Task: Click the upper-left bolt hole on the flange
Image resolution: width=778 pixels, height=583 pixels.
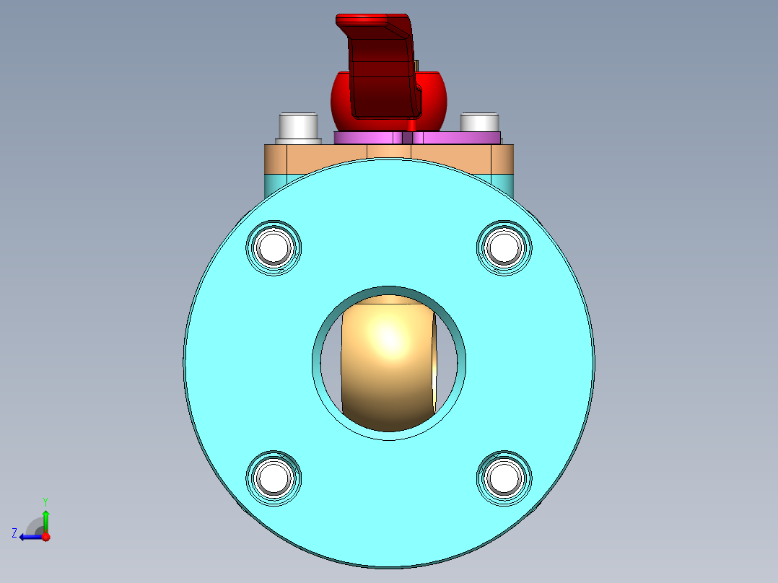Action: click(274, 247)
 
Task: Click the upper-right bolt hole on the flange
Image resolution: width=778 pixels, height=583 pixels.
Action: click(504, 247)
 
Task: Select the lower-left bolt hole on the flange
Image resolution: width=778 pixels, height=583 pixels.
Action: click(274, 478)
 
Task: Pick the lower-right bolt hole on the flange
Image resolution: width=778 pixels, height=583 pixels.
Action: click(504, 478)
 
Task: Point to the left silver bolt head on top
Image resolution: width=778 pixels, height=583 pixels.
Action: click(298, 128)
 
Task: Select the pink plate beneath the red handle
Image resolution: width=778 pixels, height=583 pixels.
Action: click(417, 138)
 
